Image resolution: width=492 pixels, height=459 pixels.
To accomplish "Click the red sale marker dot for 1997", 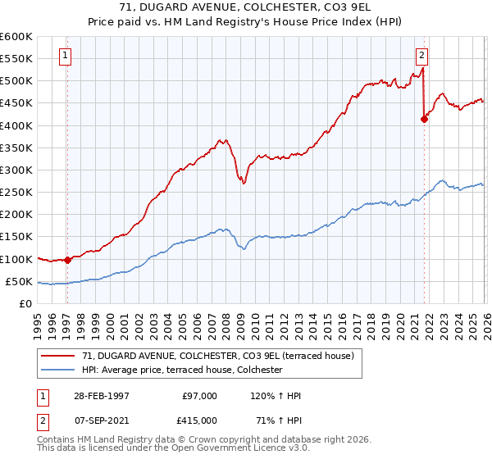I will (67, 260).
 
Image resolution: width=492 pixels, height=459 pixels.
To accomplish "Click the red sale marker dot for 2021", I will (424, 119).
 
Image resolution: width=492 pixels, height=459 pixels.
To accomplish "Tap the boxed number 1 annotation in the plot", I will (66, 56).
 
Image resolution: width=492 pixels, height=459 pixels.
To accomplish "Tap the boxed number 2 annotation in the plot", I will (421, 56).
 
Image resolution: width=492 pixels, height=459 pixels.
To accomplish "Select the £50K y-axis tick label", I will (18, 281).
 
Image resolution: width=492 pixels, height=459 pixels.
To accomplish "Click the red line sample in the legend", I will (59, 356).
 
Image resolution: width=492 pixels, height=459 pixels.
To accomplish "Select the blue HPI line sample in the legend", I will (59, 370).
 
